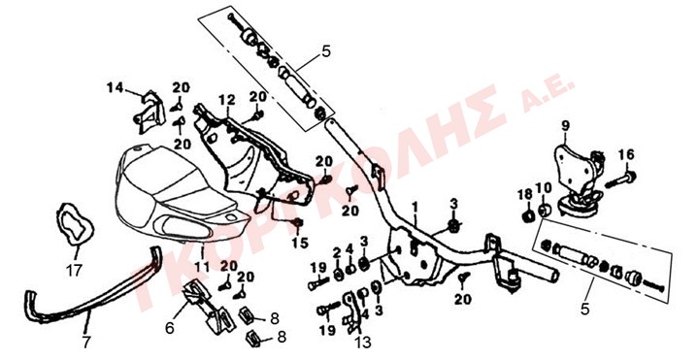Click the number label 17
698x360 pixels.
pyautogui.click(x=75, y=270)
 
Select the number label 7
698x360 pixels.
pyautogui.click(x=86, y=342)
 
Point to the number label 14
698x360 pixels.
pyautogui.click(x=115, y=87)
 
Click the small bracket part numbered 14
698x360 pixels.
pyautogui.click(x=150, y=113)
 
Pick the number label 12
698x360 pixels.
pyautogui.click(x=226, y=100)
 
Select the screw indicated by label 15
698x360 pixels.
pyautogui.click(x=298, y=222)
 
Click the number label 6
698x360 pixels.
pyautogui.click(x=169, y=328)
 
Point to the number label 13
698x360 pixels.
pyautogui.click(x=363, y=342)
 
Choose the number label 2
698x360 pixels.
pyautogui.click(x=337, y=254)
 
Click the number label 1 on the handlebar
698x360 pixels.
pyautogui.click(x=415, y=208)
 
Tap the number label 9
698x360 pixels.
pyautogui.click(x=565, y=126)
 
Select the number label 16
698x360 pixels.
pyautogui.click(x=626, y=155)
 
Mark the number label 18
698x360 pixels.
pyautogui.click(x=525, y=194)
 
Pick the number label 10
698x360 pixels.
pyautogui.click(x=543, y=188)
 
